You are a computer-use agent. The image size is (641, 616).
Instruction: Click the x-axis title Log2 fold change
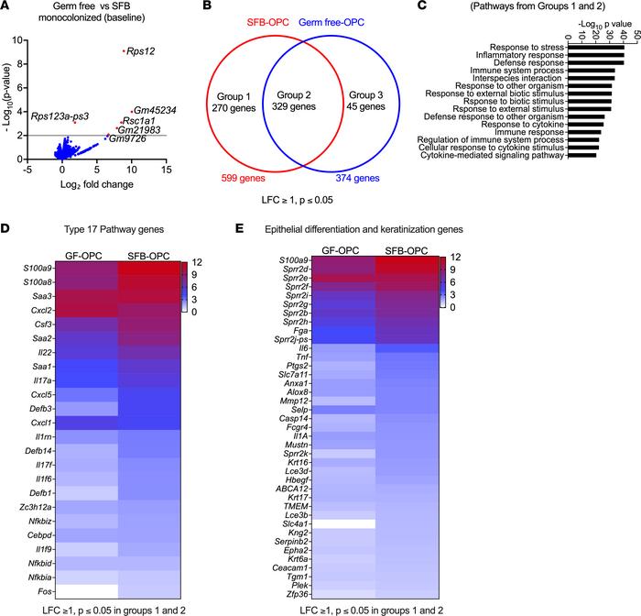pyautogui.click(x=90, y=184)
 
